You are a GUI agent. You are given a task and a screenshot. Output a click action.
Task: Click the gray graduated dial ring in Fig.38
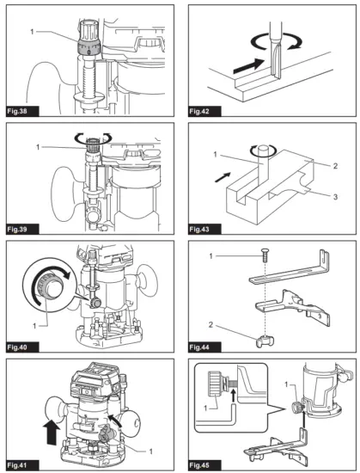coord(88,48)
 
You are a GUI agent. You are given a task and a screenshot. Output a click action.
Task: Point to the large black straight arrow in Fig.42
coord(249,65)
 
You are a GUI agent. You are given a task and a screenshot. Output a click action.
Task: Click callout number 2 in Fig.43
coord(335,166)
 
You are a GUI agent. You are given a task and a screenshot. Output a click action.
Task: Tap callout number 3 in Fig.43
coord(335,197)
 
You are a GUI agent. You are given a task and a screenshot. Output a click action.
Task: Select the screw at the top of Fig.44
coord(265,256)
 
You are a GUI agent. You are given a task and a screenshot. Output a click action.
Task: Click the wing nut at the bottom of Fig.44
coord(265,341)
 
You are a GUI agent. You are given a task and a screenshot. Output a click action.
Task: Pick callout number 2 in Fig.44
coord(211,325)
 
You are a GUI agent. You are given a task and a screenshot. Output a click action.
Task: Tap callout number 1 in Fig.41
coord(150,451)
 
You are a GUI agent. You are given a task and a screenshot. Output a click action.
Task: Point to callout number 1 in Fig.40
coord(34,326)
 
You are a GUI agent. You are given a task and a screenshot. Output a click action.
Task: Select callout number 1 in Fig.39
coord(38,147)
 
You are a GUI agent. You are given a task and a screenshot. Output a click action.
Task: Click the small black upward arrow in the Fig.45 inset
coord(232,396)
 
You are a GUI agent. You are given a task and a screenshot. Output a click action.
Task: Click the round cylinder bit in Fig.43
coord(262,165)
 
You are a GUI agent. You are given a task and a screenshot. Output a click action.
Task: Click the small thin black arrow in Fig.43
coord(223,177)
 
